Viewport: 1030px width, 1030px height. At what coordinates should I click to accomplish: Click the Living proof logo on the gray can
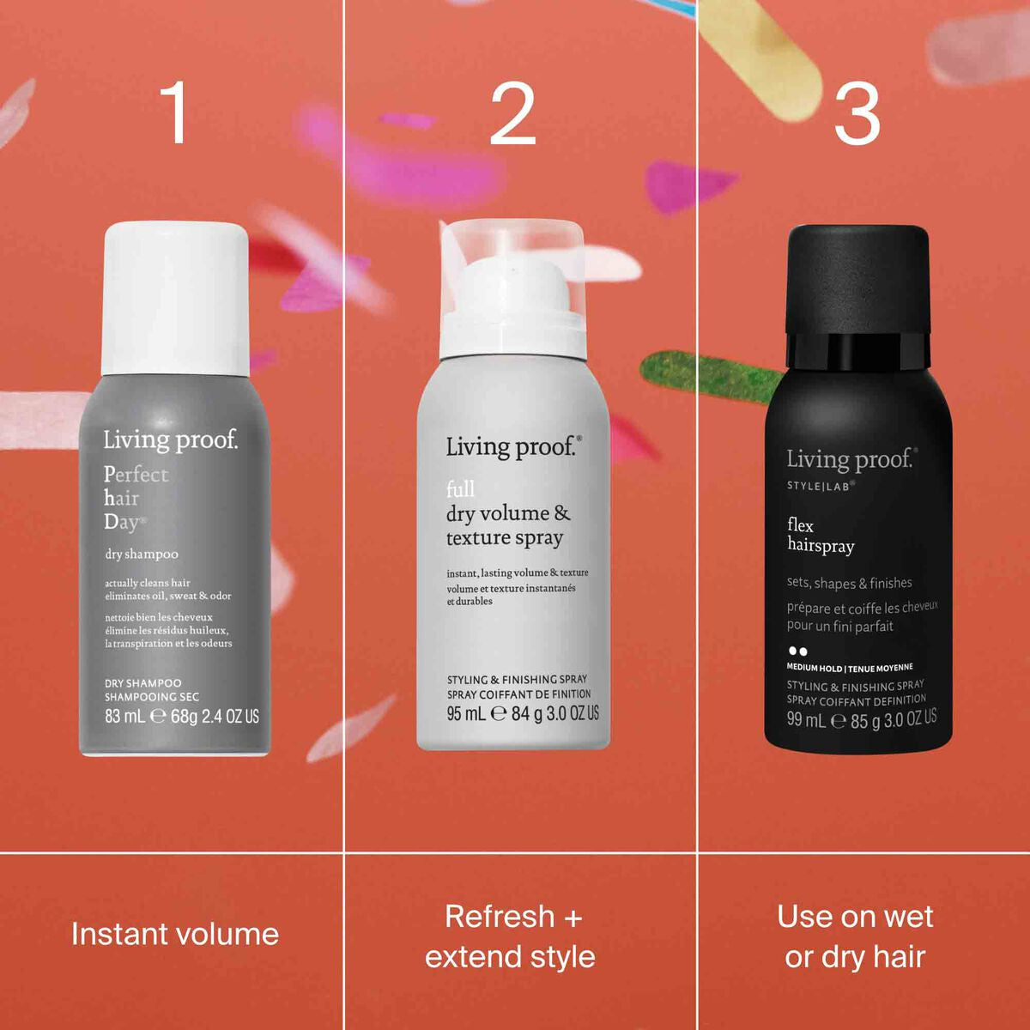click(x=170, y=440)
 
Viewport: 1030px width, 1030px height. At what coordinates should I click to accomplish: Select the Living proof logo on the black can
click(x=851, y=460)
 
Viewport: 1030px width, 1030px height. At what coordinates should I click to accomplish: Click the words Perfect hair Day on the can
click(x=135, y=498)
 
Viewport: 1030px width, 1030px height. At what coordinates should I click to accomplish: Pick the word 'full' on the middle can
click(x=460, y=489)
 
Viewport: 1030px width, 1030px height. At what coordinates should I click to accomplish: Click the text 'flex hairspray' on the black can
click(x=820, y=536)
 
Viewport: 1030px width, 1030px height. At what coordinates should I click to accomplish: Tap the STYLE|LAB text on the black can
click(x=821, y=486)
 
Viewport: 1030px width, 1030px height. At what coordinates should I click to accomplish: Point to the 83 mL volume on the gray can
click(x=125, y=716)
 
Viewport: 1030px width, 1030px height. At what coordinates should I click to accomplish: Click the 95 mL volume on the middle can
click(x=466, y=713)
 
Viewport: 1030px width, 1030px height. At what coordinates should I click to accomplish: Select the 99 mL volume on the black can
click(x=806, y=720)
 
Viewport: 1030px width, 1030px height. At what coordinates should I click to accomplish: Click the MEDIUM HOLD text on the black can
click(x=815, y=668)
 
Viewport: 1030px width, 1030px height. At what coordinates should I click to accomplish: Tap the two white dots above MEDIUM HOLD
click(x=797, y=651)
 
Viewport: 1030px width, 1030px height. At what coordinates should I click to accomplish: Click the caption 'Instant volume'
click(x=175, y=934)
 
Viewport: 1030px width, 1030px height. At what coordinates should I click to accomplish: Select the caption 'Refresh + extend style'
click(x=512, y=936)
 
